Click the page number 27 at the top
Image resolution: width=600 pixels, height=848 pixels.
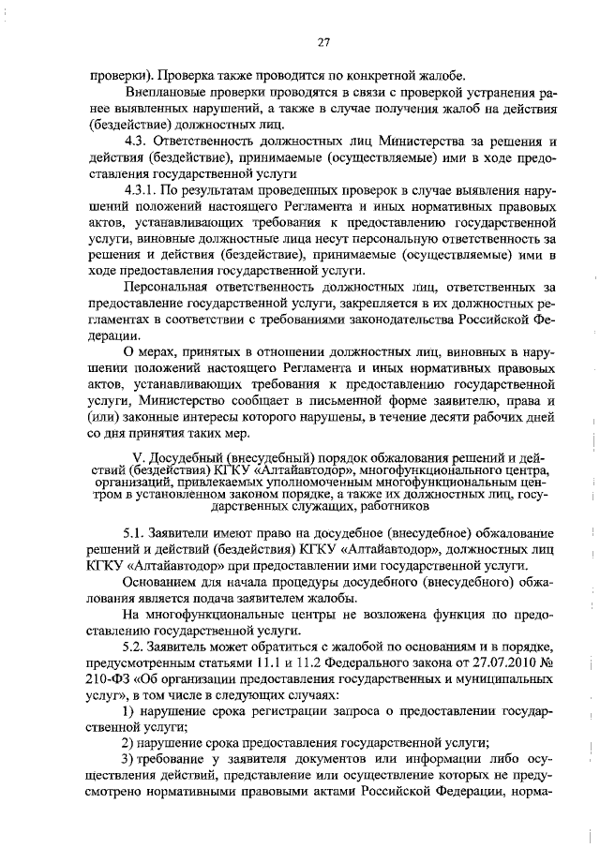pos(323,41)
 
